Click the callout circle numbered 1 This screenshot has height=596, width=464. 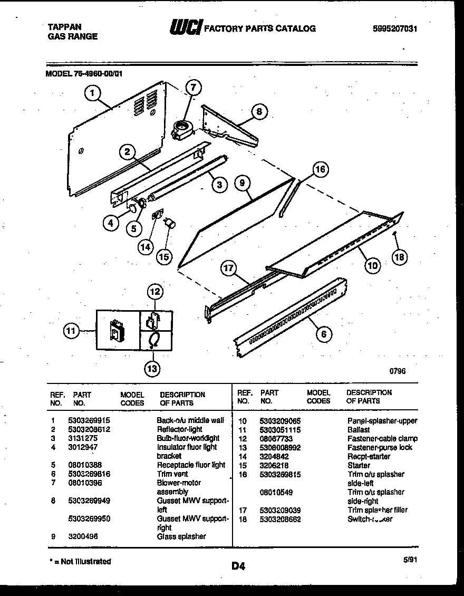[x=92, y=94]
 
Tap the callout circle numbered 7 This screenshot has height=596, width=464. [x=194, y=88]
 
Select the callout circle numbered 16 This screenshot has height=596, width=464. [x=320, y=169]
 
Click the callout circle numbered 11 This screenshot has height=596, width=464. [x=71, y=331]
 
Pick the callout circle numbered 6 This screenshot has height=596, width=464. [x=324, y=333]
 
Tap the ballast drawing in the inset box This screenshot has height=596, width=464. [x=116, y=331]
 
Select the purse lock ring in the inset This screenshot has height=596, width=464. [x=154, y=341]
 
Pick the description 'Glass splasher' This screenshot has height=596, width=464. [x=181, y=536]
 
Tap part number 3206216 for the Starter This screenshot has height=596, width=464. [x=274, y=465]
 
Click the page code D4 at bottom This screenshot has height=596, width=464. [x=238, y=567]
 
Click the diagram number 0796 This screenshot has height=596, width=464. [x=398, y=371]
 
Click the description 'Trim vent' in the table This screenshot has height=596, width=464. [x=172, y=474]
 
